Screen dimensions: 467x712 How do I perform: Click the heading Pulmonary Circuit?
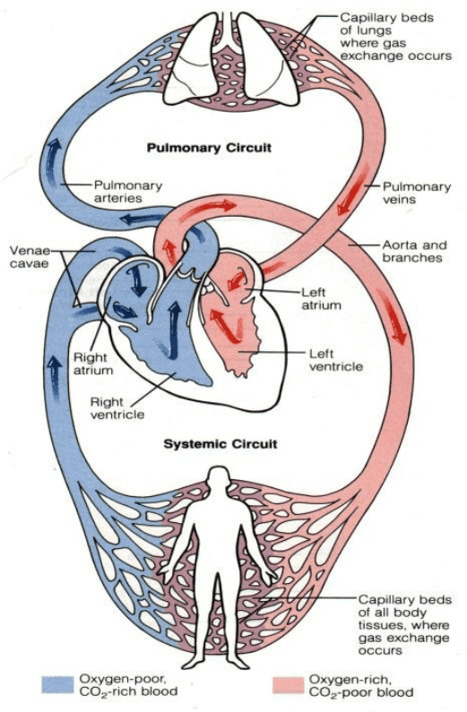point(209,148)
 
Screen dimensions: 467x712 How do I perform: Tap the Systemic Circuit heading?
point(221,443)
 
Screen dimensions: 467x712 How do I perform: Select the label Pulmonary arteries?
point(127,192)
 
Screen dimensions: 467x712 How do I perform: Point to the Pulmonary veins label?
point(417,193)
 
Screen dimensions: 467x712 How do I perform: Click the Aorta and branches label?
point(415,251)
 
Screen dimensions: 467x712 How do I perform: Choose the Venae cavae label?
point(30,256)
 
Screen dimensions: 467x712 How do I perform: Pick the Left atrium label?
point(321,298)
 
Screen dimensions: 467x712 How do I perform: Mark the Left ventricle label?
point(336,360)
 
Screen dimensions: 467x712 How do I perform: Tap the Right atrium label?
point(93,364)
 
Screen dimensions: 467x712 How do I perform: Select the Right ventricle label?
point(117,407)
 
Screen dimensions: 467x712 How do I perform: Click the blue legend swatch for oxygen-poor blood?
point(57,684)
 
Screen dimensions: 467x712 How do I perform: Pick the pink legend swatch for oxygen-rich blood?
point(288,685)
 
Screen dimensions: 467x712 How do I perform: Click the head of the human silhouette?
point(219,477)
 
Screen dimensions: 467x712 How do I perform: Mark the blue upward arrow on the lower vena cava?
point(55,378)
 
